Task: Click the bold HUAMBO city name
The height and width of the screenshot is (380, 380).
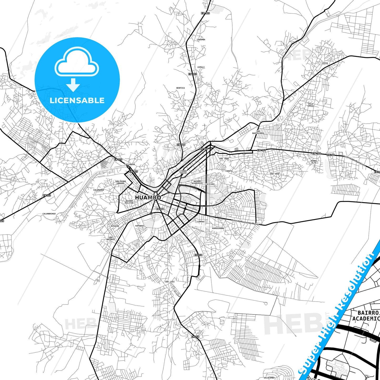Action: [x=148, y=197]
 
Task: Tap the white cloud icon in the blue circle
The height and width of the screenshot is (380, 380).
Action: [x=77, y=62]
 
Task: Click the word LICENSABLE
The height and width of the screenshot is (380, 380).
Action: [x=77, y=100]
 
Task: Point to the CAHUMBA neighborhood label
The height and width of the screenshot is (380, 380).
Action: [x=201, y=40]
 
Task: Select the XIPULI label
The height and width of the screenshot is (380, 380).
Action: [x=201, y=67]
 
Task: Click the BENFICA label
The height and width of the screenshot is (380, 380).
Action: [x=180, y=88]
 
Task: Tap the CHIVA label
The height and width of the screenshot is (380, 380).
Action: [x=325, y=63]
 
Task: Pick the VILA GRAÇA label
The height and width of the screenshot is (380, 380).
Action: [x=311, y=105]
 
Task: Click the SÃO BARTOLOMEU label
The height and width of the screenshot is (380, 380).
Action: [x=258, y=132]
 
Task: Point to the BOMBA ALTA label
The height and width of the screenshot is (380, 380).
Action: [x=314, y=162]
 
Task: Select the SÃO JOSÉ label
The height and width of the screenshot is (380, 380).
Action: [x=275, y=174]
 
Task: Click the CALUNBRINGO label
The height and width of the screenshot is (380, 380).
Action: [x=49, y=214]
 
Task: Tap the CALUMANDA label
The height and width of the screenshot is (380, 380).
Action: [x=99, y=190]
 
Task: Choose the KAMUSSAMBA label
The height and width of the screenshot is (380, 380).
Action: [x=218, y=228]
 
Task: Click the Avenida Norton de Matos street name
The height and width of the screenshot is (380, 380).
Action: [x=245, y=222]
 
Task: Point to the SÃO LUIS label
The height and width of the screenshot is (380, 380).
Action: [x=170, y=282]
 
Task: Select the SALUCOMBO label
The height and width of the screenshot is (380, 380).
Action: [x=269, y=378]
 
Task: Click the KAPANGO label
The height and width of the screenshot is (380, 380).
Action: [x=139, y=226]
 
